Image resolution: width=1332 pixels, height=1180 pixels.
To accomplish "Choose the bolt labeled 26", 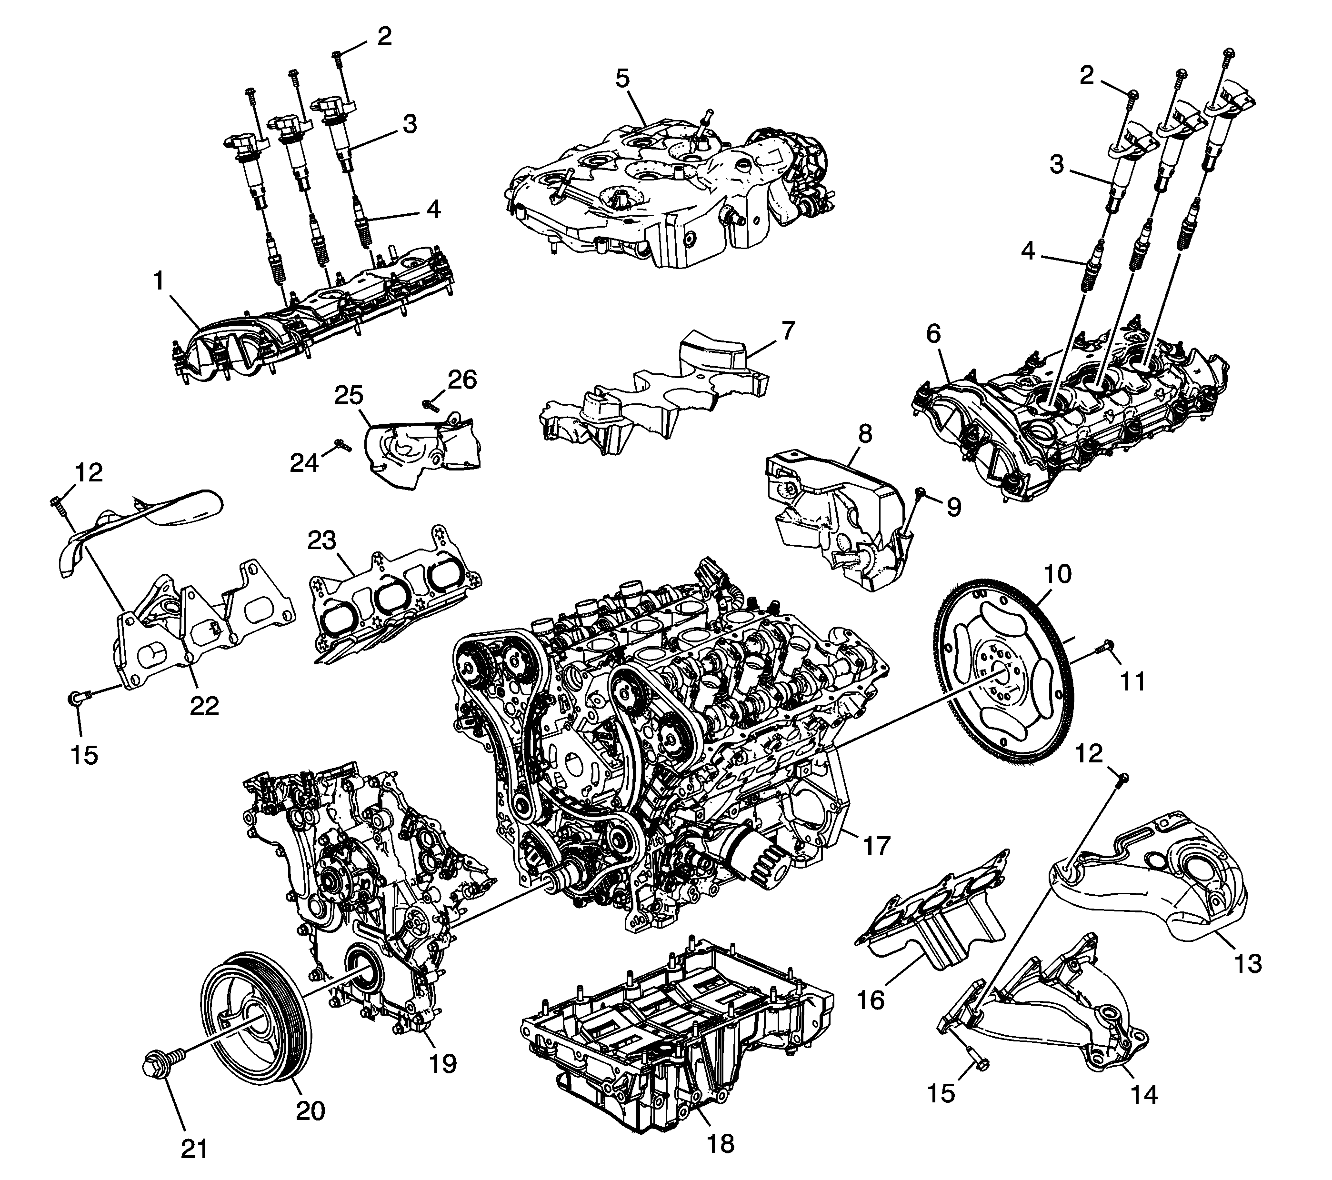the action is (x=430, y=404).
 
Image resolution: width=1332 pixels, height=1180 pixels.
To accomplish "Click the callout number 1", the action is (x=159, y=281).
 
